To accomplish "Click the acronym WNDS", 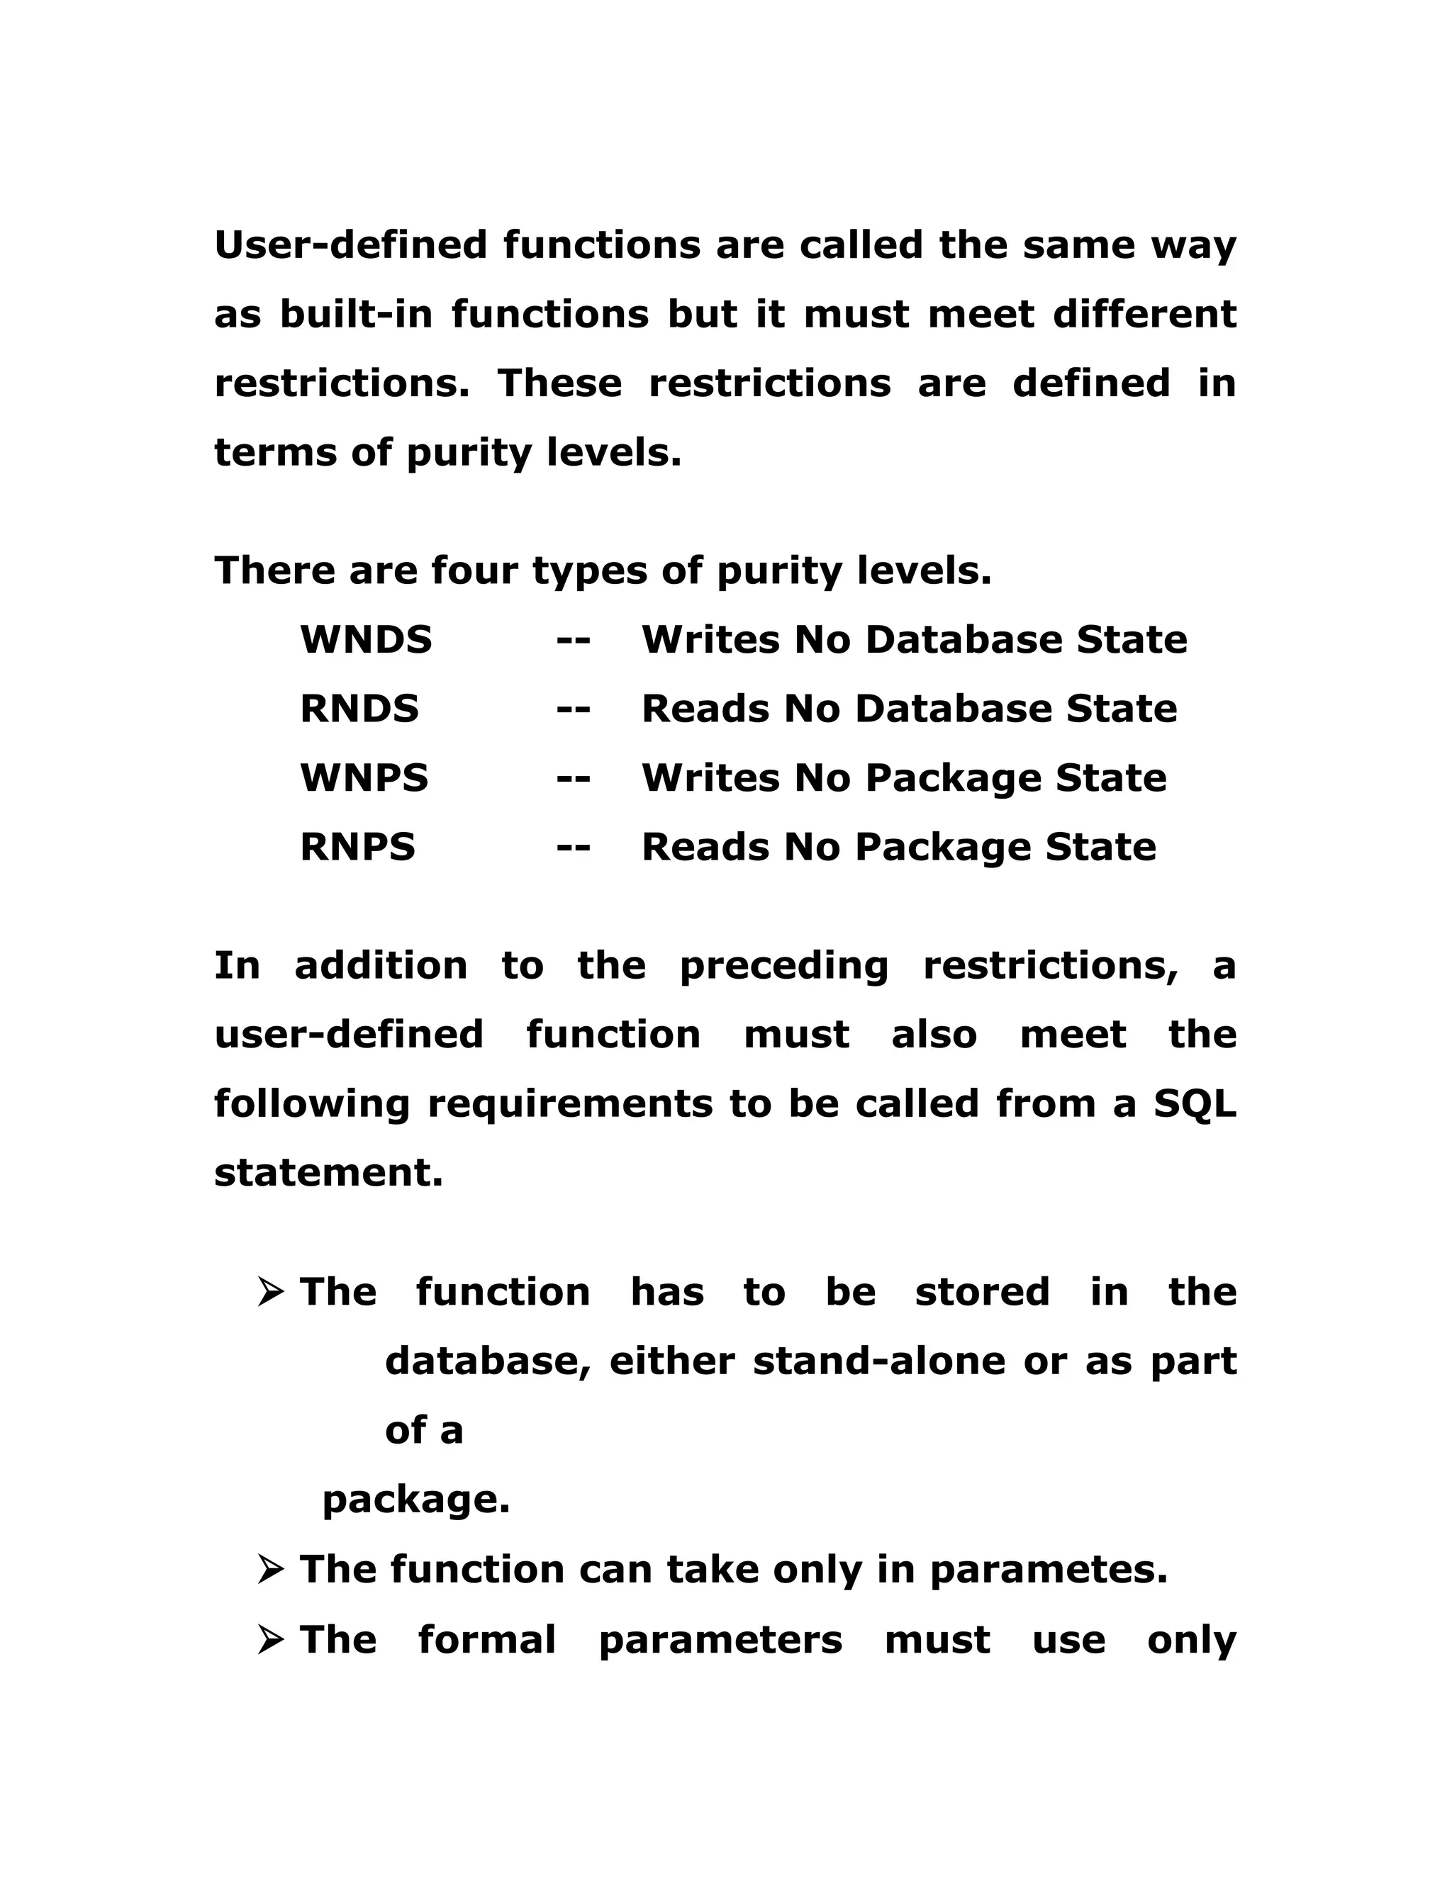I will pyautogui.click(x=366, y=640).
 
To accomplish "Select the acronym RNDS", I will pyautogui.click(x=359, y=709).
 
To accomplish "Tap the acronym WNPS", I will pyautogui.click(x=364, y=777).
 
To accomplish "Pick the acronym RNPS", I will pyautogui.click(x=357, y=846).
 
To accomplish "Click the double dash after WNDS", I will pyautogui.click(x=573, y=641).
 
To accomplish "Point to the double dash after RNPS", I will pyautogui.click(x=573, y=847).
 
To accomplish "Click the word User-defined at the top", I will pyautogui.click(x=350, y=244).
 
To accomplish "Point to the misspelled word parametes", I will pyautogui.click(x=1049, y=1570).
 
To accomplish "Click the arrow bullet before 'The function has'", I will pyautogui.click(x=270, y=1293).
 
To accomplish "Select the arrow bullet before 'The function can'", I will pyautogui.click(x=270, y=1570).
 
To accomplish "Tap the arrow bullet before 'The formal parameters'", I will pyautogui.click(x=270, y=1640).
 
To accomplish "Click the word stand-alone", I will pyautogui.click(x=878, y=1361).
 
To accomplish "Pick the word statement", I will pyautogui.click(x=328, y=1172).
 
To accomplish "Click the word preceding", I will pyautogui.click(x=783, y=966).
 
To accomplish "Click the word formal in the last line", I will pyautogui.click(x=487, y=1640).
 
